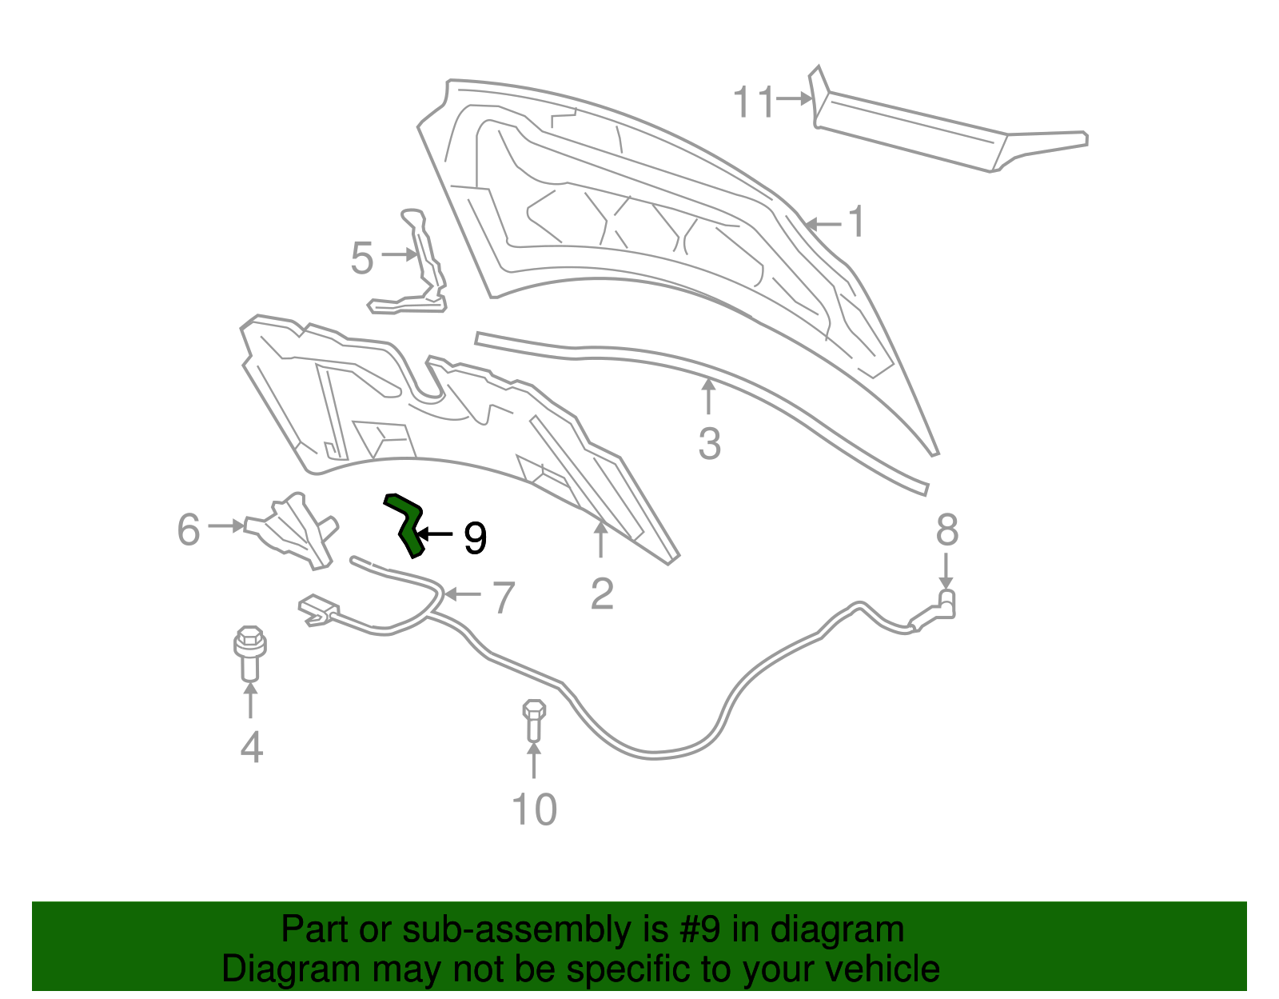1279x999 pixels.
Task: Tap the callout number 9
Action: [x=475, y=538]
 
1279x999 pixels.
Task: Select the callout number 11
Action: [x=753, y=102]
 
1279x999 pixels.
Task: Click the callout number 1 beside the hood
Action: [x=856, y=222]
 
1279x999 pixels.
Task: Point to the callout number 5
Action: [x=362, y=258]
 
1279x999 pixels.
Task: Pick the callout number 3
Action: [x=709, y=444]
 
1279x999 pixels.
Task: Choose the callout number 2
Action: [x=602, y=594]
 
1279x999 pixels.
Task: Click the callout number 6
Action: [x=189, y=529]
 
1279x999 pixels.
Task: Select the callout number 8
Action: [x=947, y=529]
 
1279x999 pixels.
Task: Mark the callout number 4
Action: [x=251, y=747]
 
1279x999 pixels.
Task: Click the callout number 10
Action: [x=535, y=810]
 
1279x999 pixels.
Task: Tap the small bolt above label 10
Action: [x=534, y=721]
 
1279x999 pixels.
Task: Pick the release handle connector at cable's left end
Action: [x=318, y=610]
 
